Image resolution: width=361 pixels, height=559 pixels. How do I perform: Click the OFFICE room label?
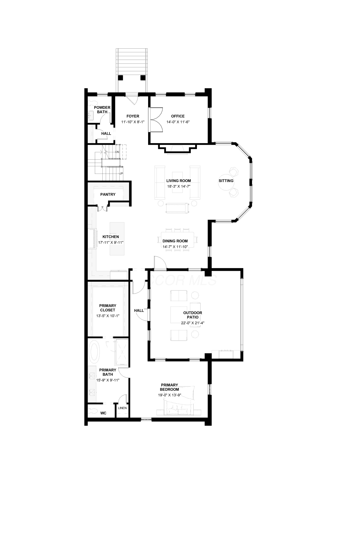178,116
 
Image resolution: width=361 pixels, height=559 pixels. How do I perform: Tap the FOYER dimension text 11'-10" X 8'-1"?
133,122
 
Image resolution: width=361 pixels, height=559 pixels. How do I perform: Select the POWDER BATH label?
102,110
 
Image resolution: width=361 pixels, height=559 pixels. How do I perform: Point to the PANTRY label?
108,195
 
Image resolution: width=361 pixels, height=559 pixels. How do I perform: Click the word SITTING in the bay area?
226,181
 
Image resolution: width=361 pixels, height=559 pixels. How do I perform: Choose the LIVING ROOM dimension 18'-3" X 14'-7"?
179,186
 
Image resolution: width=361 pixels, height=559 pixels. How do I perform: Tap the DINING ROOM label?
175,241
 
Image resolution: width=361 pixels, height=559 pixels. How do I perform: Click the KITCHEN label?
111,237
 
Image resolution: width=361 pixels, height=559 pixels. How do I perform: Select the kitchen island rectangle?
117,239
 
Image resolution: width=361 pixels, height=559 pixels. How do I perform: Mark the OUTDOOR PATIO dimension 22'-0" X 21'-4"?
193,323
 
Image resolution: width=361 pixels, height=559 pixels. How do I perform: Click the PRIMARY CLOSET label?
108,308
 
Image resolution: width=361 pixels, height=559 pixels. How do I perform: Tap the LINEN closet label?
122,408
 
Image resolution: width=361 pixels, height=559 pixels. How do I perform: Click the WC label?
103,413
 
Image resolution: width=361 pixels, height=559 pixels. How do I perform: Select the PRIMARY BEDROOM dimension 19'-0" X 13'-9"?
169,395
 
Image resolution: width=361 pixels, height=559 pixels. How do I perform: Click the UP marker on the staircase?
121,174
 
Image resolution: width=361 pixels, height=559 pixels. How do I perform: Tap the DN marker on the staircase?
117,152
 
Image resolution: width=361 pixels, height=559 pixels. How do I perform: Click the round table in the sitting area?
226,181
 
